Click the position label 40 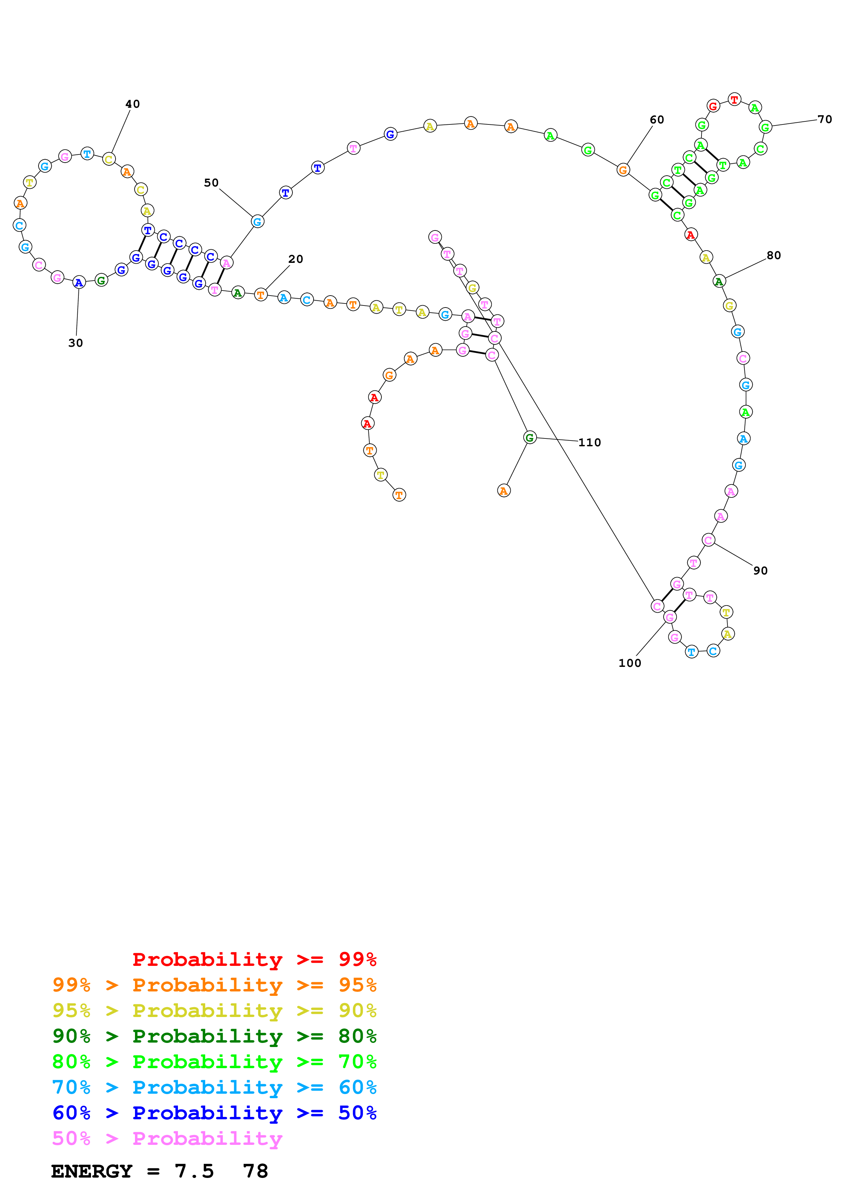(132, 104)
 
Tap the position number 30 (75, 343)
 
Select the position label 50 (211, 183)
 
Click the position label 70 (824, 119)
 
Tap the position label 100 (630, 663)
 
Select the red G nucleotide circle (713, 106)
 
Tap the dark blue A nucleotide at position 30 (79, 282)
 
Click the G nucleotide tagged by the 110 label (529, 437)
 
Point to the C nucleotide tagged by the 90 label (708, 540)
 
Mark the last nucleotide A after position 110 (503, 491)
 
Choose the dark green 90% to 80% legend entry (214, 1036)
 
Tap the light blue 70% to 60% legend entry (214, 1087)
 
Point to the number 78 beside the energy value (255, 1171)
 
